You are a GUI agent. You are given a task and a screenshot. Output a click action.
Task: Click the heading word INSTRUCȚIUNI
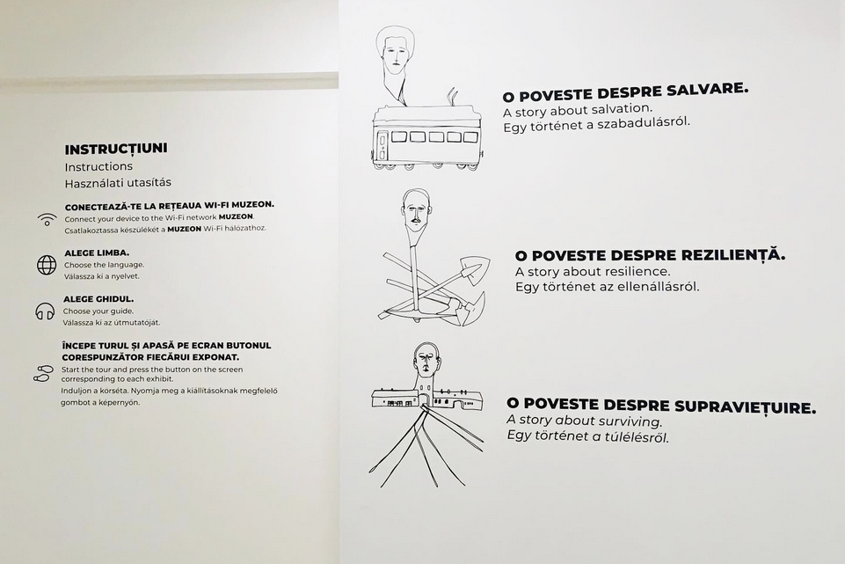coord(116,149)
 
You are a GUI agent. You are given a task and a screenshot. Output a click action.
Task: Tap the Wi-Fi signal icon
coord(47,219)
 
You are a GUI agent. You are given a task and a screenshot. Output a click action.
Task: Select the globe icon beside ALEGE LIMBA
coord(47,265)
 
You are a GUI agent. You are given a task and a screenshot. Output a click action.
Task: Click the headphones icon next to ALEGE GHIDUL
coord(45,311)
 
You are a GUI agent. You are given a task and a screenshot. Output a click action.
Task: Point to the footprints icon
coord(43,373)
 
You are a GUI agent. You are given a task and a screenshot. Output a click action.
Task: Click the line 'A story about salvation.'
coord(578,111)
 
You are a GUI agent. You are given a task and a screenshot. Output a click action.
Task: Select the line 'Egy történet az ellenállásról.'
coord(608,286)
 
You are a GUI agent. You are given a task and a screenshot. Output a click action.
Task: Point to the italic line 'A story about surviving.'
coord(584,420)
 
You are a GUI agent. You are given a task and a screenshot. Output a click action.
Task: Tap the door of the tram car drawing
coord(382,144)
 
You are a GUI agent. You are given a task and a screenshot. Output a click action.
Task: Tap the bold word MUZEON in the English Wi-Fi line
coord(236,216)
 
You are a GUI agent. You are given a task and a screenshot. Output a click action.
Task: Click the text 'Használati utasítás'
coord(118,183)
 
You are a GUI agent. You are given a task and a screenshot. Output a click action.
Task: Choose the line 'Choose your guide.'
coord(98,311)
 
